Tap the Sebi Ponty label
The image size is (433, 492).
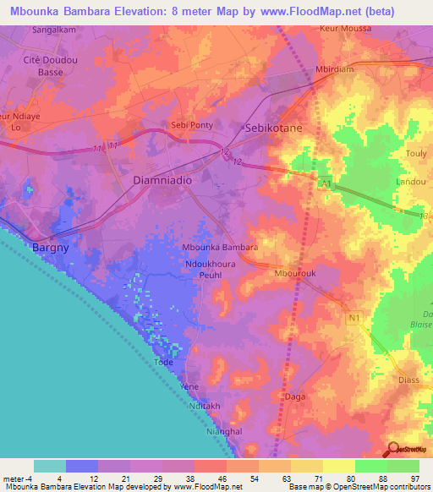pos(193,123)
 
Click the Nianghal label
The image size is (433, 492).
pos(224,430)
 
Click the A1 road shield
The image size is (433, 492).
pos(325,183)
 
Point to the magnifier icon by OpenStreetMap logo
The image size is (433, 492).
pos(392,448)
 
